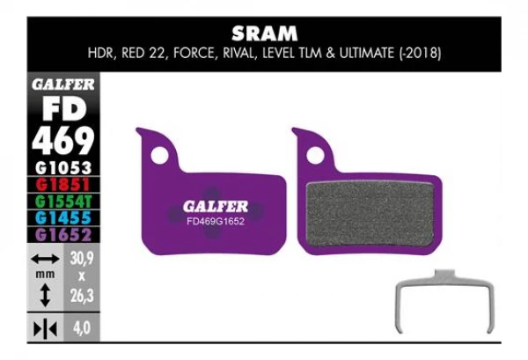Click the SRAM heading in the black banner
pyautogui.click(x=263, y=34)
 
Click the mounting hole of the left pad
pyautogui.click(x=160, y=155)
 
